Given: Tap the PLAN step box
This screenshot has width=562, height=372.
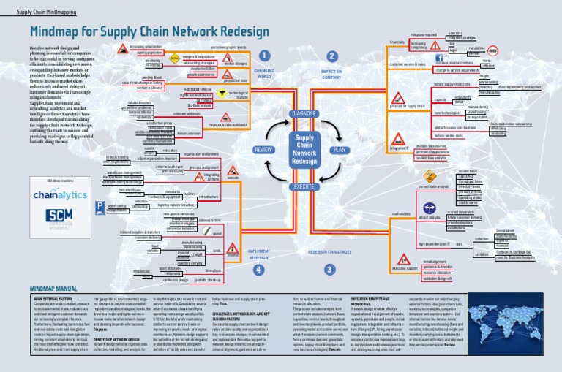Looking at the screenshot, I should click(340, 149).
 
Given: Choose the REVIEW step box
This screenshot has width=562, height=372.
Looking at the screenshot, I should click(263, 149).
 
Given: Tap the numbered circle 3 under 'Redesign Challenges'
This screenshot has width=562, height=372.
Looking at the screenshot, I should click(330, 269).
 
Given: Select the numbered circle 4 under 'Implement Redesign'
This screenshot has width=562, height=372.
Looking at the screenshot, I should click(258, 269).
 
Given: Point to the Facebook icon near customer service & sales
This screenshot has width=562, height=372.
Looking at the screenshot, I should click(440, 54).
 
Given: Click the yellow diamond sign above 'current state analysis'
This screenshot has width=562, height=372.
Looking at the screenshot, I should click(430, 176).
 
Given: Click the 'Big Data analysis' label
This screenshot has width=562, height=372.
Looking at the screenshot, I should click(199, 105).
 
